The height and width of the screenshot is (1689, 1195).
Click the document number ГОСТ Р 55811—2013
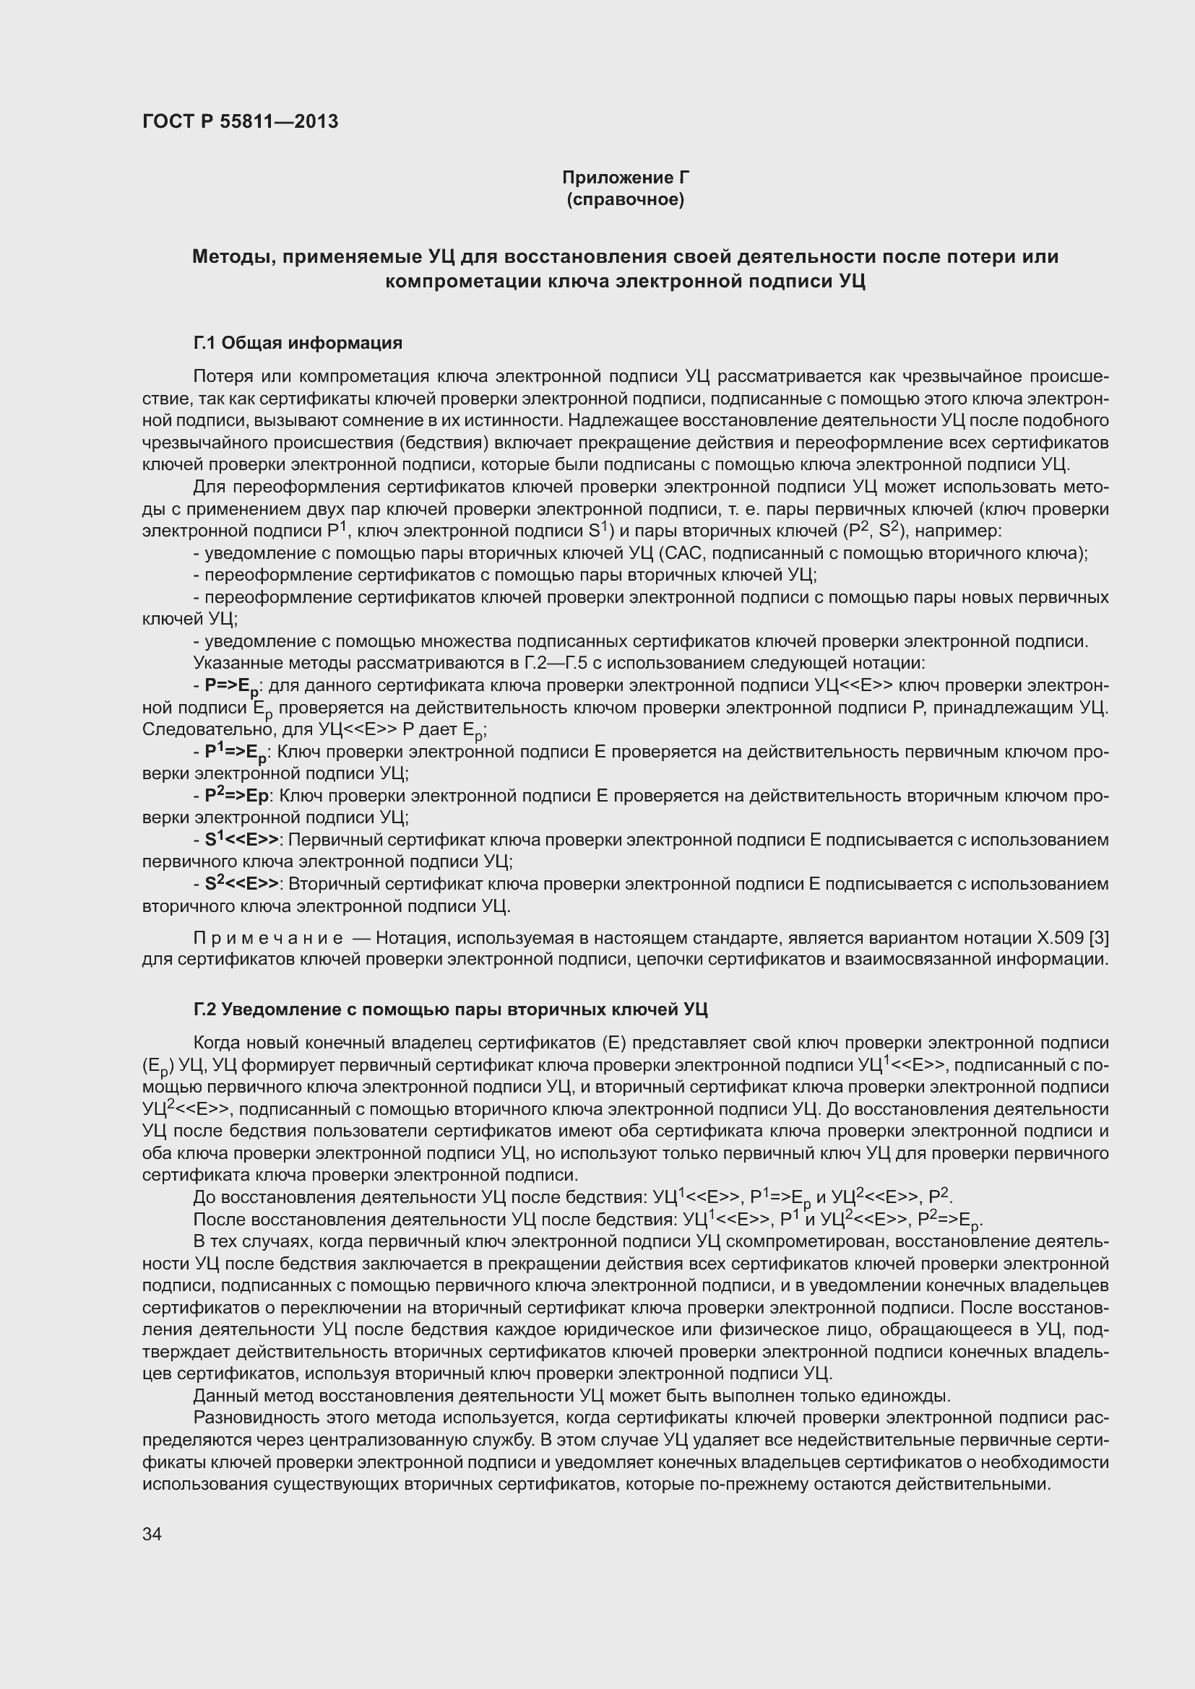coord(240,121)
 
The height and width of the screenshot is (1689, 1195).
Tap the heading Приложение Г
coord(625,178)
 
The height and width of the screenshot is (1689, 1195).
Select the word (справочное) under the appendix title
coord(625,199)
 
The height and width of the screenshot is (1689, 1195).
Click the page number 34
coord(152,1534)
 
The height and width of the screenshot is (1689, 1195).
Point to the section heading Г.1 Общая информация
coord(297,343)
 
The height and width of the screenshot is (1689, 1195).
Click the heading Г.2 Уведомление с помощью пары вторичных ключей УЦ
coord(449,1010)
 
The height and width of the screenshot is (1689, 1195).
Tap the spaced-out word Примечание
coord(268,938)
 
